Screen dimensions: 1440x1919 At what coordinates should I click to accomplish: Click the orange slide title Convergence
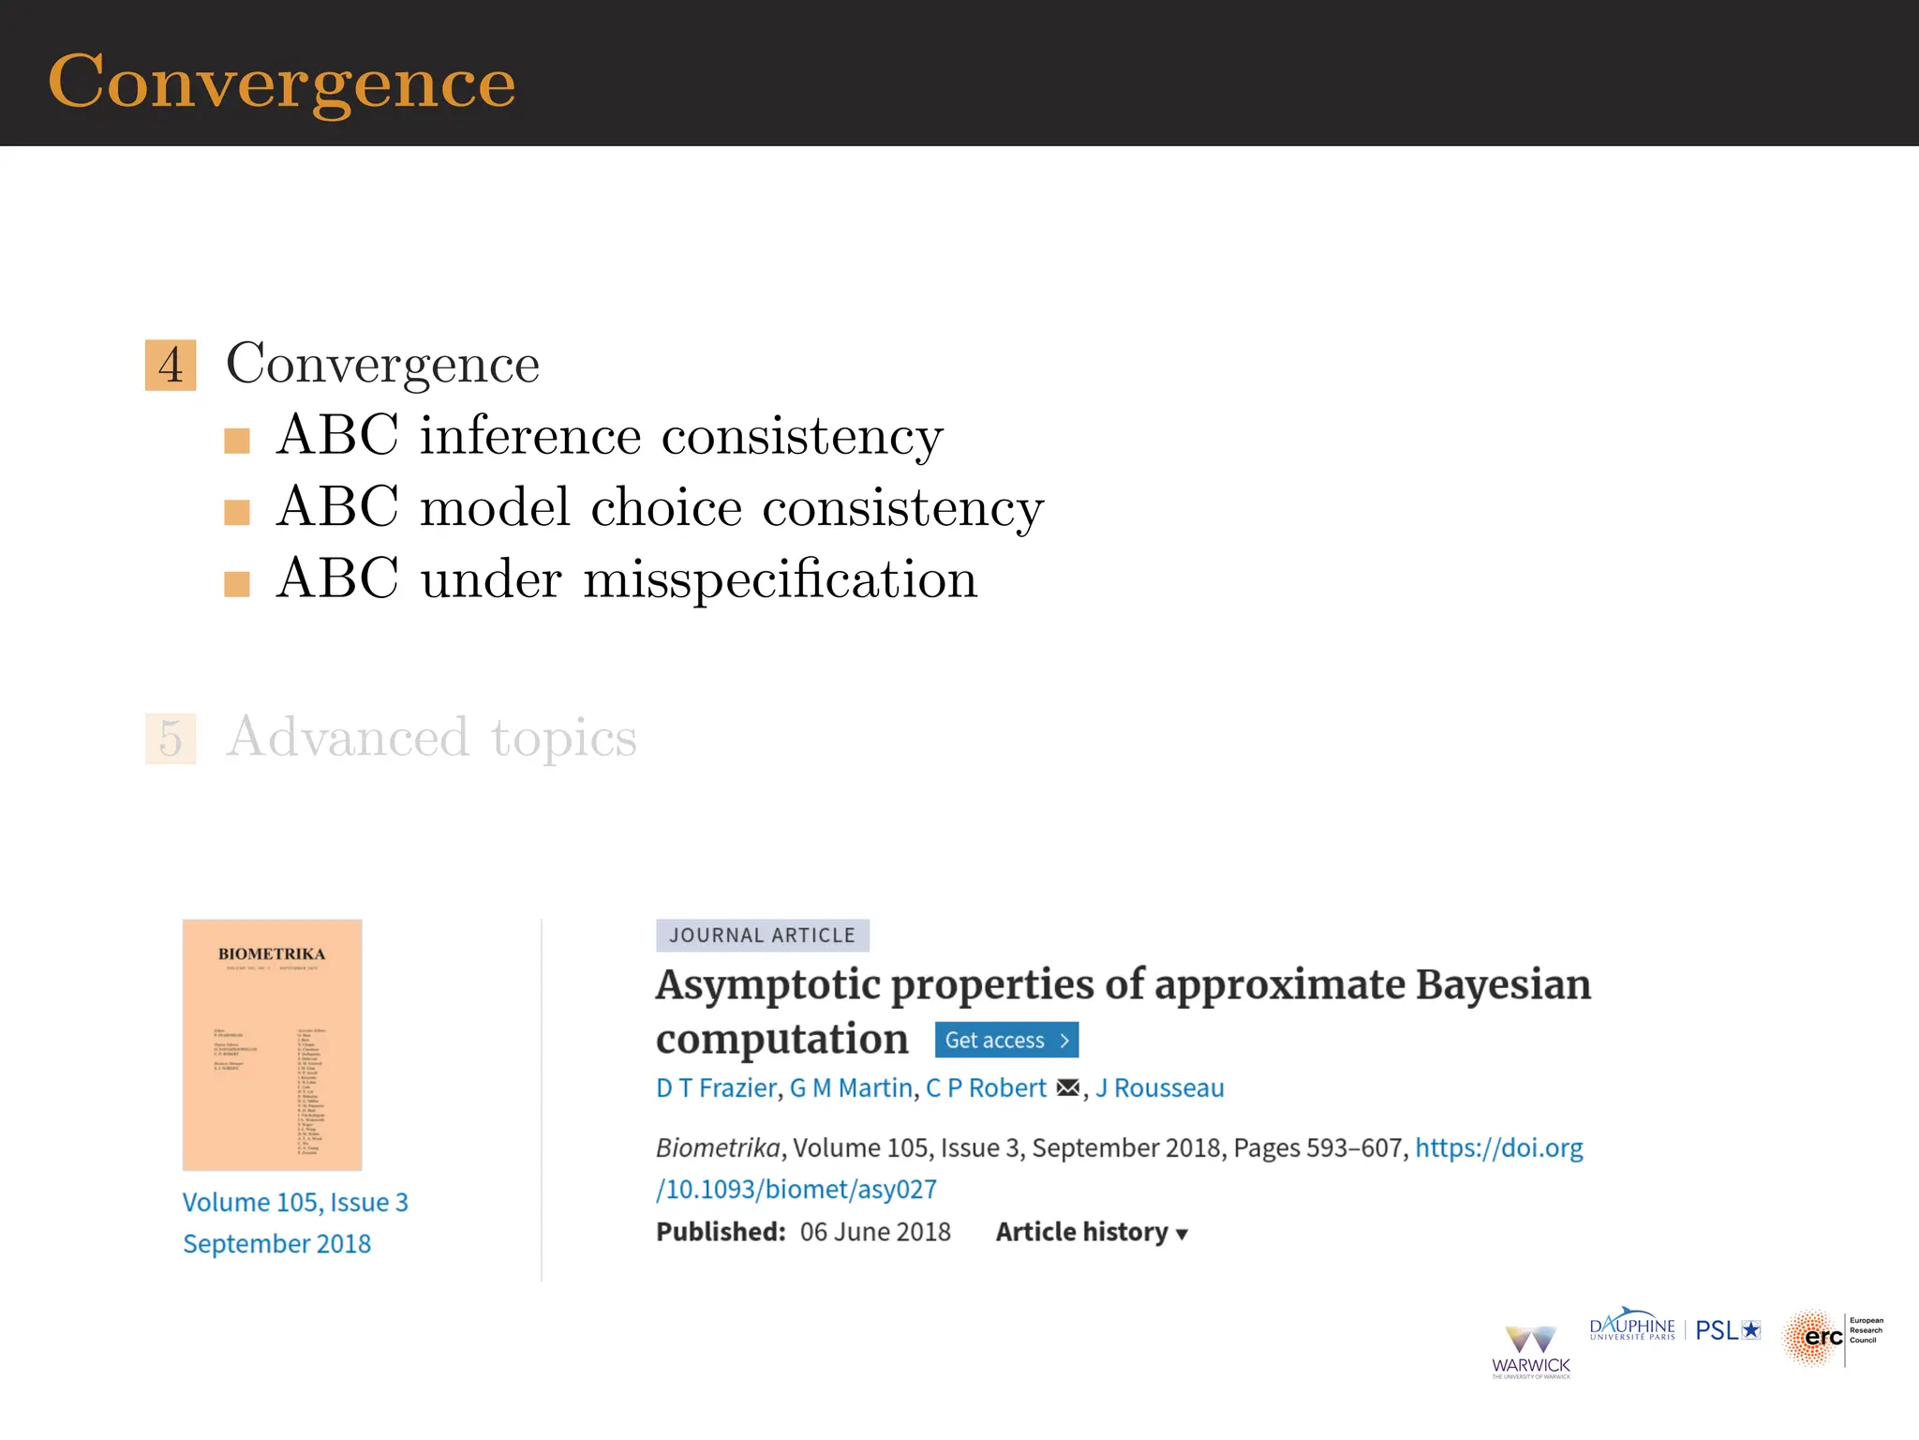pyautogui.click(x=281, y=82)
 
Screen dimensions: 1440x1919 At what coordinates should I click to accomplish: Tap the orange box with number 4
pyautogui.click(x=171, y=365)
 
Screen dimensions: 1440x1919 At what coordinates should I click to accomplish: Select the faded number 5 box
pyautogui.click(x=171, y=739)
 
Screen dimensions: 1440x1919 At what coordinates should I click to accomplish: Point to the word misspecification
pyautogui.click(x=780, y=579)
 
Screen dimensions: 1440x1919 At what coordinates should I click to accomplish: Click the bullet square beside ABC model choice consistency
pyautogui.click(x=237, y=512)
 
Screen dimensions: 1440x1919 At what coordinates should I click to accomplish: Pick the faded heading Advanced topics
pyautogui.click(x=431, y=738)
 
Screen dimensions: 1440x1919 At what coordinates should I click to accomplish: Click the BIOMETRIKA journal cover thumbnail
pyautogui.click(x=272, y=1044)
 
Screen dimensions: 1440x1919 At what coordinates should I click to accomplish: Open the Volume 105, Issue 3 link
pyautogui.click(x=295, y=1202)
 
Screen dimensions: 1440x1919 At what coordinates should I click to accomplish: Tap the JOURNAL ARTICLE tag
pyautogui.click(x=762, y=936)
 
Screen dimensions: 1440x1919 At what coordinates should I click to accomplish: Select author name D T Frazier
pyautogui.click(x=716, y=1088)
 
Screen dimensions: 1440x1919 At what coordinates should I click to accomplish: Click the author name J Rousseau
pyautogui.click(x=1159, y=1088)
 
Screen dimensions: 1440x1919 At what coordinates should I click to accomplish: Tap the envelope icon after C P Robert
pyautogui.click(x=1067, y=1088)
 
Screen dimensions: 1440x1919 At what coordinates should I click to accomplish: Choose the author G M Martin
pyautogui.click(x=851, y=1088)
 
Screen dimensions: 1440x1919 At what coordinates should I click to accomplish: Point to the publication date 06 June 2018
pyautogui.click(x=874, y=1232)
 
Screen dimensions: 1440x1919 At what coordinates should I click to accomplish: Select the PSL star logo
pyautogui.click(x=1727, y=1330)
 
